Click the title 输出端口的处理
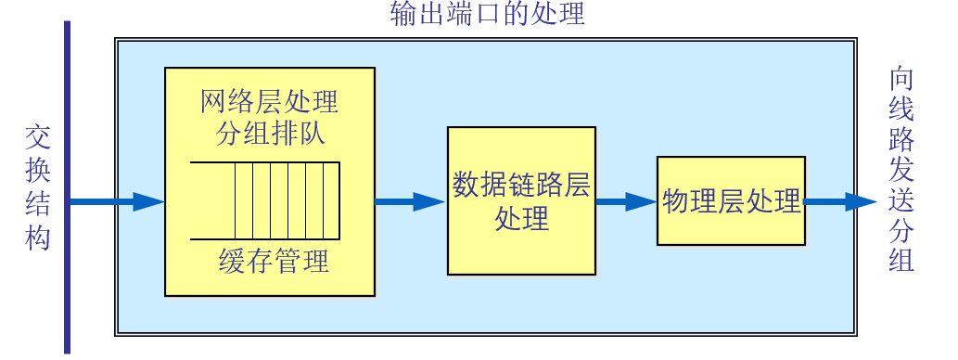tap(488, 15)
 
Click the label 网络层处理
tap(269, 100)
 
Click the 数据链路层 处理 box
tap(521, 200)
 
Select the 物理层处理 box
tap(731, 201)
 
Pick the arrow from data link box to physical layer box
tap(626, 201)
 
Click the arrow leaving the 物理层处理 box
tap(839, 201)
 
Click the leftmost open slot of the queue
tap(211, 200)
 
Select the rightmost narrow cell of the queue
tap(331, 200)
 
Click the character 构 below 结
tap(37, 238)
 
